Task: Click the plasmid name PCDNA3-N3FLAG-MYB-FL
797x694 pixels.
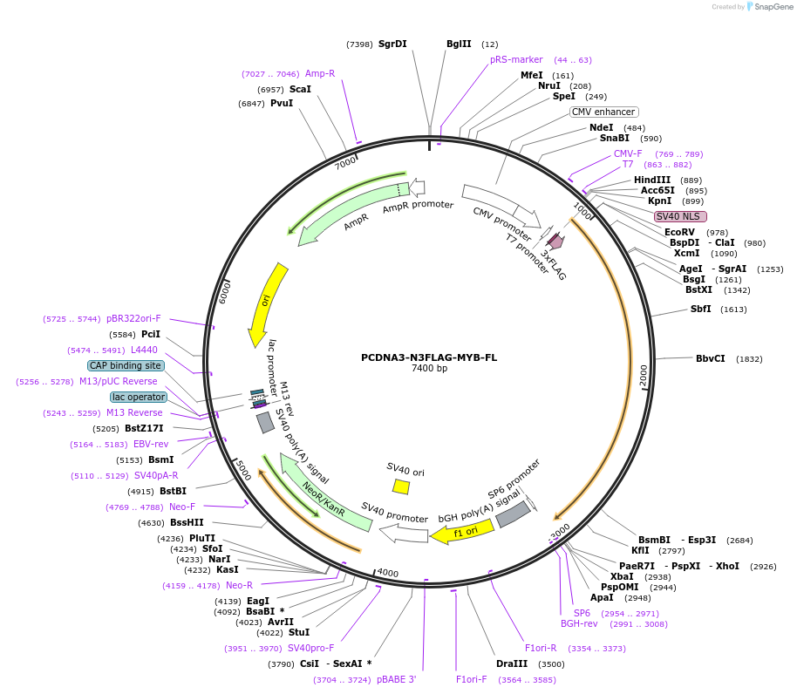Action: (x=428, y=357)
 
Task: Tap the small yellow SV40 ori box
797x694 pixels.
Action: (x=401, y=486)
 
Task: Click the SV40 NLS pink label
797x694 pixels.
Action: (x=680, y=216)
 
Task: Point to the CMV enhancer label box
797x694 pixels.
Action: (x=604, y=112)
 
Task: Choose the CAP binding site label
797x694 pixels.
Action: (x=125, y=365)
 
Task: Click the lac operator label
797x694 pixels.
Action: (x=138, y=397)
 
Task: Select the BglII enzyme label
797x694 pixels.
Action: (x=459, y=44)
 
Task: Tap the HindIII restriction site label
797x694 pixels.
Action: (x=651, y=180)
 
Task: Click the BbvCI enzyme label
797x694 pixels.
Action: (x=710, y=358)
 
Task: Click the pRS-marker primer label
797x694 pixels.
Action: (x=516, y=59)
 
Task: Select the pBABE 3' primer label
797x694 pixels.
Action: (x=397, y=679)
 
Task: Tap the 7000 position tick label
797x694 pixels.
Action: (x=345, y=163)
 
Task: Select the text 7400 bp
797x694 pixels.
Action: (x=428, y=369)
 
